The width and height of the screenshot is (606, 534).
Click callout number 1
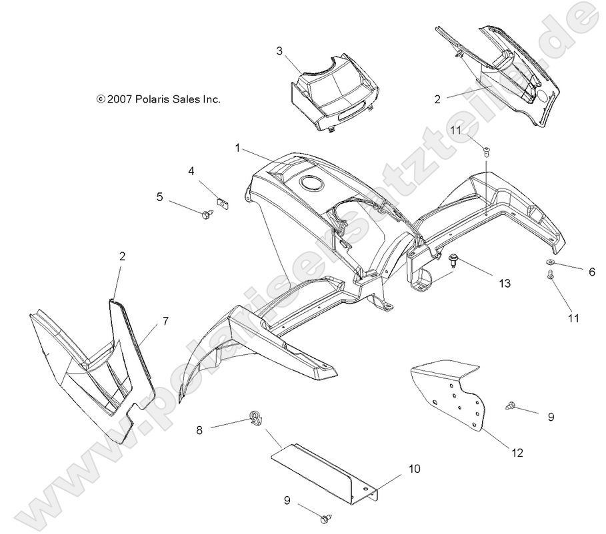pos(237,148)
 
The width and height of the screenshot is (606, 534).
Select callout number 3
pos(280,51)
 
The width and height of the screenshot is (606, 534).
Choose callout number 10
pos(414,469)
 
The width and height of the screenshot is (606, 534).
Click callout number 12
pos(517,453)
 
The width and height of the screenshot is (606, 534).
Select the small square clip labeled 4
pos(223,201)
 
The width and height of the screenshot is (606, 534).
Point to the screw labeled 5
pos(207,214)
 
